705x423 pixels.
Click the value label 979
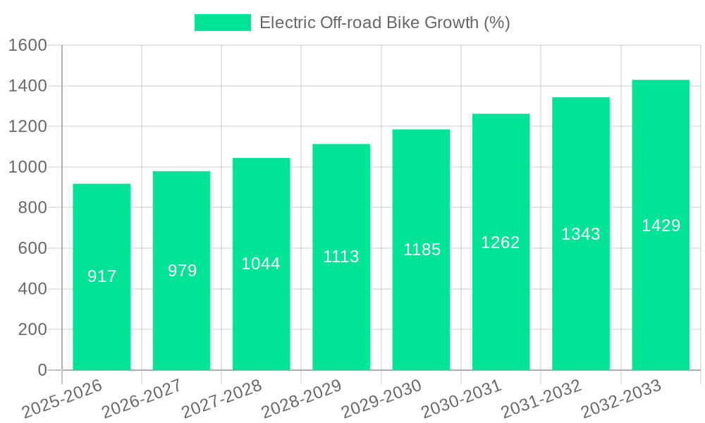pos(182,271)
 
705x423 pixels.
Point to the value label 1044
pos(261,264)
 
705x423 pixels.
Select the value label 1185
pos(422,250)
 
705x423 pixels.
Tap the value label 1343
pos(581,234)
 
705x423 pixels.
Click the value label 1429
pos(661,226)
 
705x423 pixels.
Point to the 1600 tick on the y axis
pos(27,46)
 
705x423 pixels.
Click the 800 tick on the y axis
pos(32,208)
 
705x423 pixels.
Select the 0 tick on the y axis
pos(42,370)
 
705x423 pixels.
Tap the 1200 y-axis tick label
pos(27,127)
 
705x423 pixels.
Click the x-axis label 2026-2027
pos(141,399)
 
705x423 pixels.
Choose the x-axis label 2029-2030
pos(381,399)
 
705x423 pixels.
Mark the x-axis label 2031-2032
pos(541,399)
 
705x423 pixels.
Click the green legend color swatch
pos(222,23)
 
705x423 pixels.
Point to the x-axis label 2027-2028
pos(221,399)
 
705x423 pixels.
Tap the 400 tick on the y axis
pos(32,289)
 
